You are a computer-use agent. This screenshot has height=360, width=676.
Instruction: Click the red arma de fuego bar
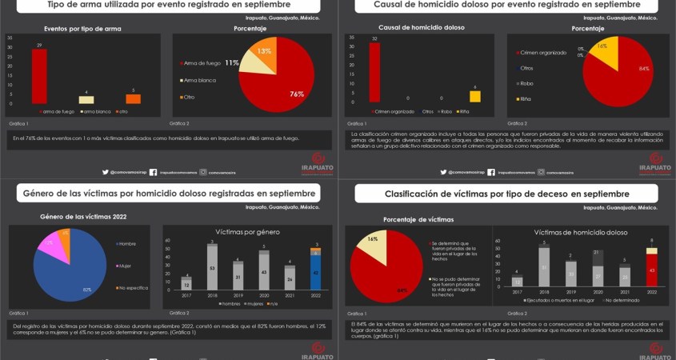[38, 76]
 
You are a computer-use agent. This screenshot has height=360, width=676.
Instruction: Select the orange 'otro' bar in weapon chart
[133, 98]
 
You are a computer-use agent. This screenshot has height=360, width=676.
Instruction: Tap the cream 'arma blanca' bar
[86, 99]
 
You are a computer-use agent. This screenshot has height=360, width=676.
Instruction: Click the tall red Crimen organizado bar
[374, 73]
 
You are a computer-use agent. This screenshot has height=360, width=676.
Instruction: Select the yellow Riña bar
[474, 96]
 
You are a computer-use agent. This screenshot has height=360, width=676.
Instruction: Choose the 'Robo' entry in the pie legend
[526, 83]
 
